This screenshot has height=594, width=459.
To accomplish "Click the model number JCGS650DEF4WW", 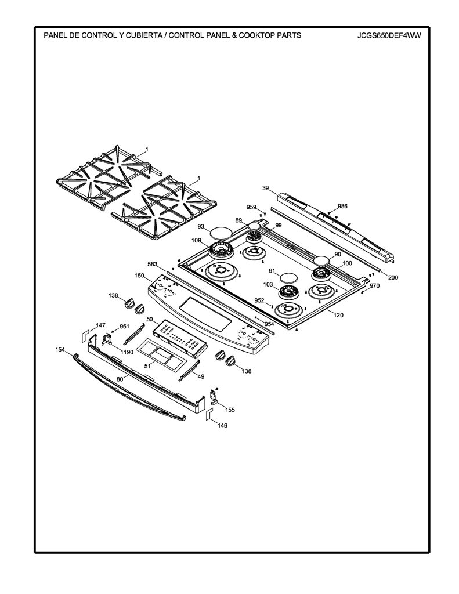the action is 389,36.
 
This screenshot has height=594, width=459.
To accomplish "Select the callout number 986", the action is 342,206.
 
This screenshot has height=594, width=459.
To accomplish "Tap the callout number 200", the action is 393,277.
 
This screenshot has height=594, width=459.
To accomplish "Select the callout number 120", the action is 338,315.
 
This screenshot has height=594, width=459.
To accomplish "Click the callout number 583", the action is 153,264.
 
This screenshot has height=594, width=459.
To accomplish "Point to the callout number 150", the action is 139,276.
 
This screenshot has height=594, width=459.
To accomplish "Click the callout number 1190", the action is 127,352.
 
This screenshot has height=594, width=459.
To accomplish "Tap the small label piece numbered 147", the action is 85,335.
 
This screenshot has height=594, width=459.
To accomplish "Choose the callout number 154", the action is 60,349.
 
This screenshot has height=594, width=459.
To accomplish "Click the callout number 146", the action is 222,425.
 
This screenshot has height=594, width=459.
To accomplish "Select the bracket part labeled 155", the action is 214,398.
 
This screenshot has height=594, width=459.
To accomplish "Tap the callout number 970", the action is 374,286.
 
